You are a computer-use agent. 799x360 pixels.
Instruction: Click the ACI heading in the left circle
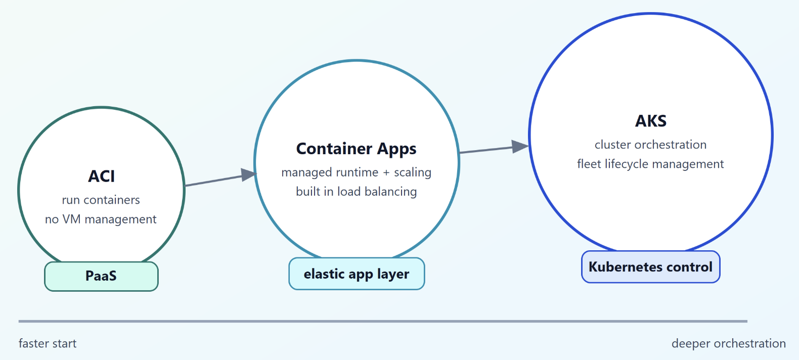[x=102, y=176]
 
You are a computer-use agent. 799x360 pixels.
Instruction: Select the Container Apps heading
[x=356, y=149]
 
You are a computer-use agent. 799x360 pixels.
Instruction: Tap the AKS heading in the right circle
[x=651, y=121]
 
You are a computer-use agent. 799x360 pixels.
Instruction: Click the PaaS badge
[x=101, y=276]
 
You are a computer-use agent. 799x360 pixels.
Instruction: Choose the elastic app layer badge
[x=357, y=274]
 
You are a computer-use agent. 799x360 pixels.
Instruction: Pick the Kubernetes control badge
[x=650, y=267]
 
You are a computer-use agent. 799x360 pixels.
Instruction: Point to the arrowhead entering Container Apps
[x=249, y=175]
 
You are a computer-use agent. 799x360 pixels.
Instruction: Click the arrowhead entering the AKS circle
[x=520, y=146]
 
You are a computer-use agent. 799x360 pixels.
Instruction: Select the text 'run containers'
[x=101, y=200]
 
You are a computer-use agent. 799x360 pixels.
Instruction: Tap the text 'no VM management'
[x=101, y=219]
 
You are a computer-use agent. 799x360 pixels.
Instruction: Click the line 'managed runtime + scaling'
[x=356, y=172]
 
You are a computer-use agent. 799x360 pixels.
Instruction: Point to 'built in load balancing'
[x=356, y=192]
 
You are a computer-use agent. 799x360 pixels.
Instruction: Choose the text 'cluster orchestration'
[x=650, y=145]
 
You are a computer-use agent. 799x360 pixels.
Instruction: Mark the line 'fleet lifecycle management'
[x=650, y=164]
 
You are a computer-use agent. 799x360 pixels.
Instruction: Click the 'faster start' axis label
[x=48, y=344]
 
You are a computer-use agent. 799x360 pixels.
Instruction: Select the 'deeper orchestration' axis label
[x=728, y=344]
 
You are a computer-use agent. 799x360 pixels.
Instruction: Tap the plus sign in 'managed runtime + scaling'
[x=386, y=173]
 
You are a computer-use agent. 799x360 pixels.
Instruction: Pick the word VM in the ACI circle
[x=71, y=219]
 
